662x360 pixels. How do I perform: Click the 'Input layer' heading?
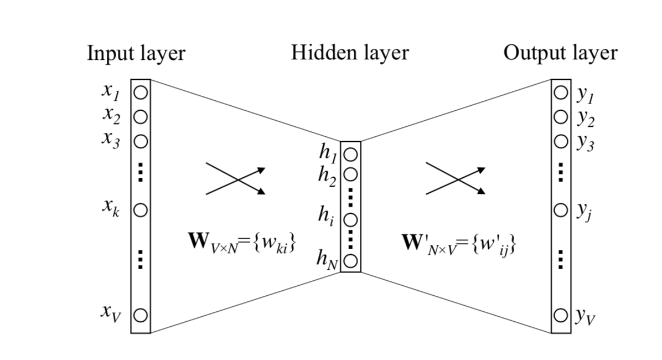coord(136,54)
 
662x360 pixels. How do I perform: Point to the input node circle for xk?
coord(141,210)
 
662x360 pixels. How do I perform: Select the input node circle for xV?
coord(141,315)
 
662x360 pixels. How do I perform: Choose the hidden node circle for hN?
coord(350,259)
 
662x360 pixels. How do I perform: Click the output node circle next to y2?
coord(561,117)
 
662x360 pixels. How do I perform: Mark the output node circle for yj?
coord(561,210)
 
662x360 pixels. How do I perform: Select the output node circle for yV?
coord(561,315)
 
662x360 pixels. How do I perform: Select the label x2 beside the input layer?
coord(111,115)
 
